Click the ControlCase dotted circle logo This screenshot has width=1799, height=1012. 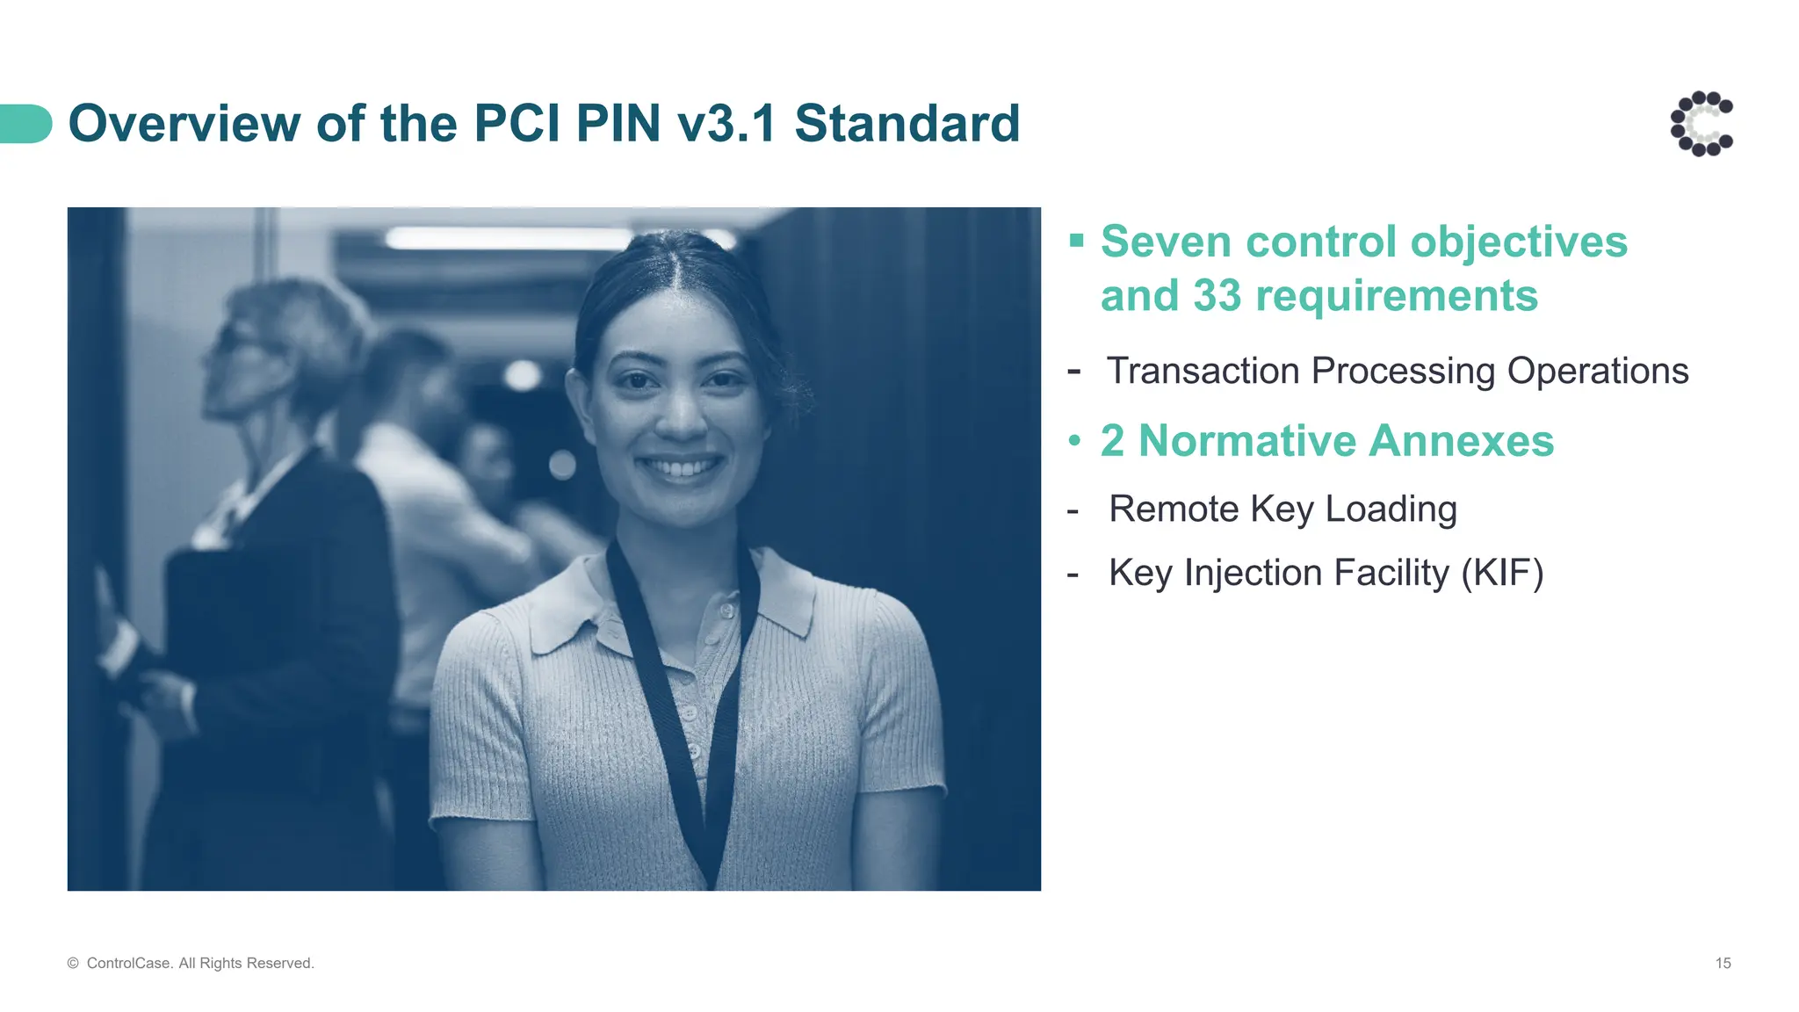(1701, 124)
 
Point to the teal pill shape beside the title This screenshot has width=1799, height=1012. (25, 124)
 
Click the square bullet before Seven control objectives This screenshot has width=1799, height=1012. (1076, 240)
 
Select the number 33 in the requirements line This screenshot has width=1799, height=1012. (1217, 295)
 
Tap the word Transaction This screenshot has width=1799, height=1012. (1203, 371)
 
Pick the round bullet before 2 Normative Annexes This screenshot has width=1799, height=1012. (1074, 441)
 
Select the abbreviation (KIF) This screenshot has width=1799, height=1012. (1502, 573)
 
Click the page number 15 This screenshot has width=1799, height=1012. (1723, 964)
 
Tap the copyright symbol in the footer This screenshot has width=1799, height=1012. (73, 964)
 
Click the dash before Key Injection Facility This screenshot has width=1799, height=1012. (1073, 575)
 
